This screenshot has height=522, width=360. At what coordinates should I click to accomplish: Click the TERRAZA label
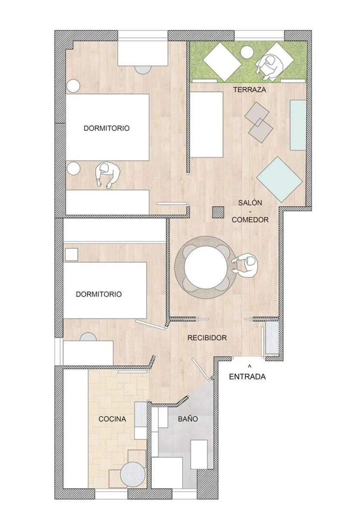pos(249,89)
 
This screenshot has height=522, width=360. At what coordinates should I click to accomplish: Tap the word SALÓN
pos(250,203)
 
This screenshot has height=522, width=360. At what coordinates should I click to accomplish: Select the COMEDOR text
pos(250,220)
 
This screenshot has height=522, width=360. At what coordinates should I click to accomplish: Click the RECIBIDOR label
pos(207,338)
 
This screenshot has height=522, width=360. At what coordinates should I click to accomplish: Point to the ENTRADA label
pos(247,377)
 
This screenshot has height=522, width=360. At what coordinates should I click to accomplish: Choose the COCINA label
pos(112,419)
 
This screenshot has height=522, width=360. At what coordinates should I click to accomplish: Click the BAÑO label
pos(187,419)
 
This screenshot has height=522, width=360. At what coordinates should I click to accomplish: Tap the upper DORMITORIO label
pos(106,128)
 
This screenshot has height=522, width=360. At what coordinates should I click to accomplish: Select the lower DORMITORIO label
pos(99,294)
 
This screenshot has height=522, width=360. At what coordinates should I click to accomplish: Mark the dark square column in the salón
pos(218,212)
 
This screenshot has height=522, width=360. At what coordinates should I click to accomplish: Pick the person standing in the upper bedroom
pos(107,175)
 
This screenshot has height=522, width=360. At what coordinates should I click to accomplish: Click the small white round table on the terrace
pos(247,52)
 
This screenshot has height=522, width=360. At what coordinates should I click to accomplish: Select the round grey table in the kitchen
pos(132,474)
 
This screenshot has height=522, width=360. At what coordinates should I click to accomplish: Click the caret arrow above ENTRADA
pos(249,366)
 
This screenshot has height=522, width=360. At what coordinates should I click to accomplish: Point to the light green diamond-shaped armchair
pos(279,179)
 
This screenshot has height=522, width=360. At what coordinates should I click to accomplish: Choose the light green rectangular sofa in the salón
pos(298,125)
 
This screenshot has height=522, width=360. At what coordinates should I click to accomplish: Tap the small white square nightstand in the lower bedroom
pos(72,255)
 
